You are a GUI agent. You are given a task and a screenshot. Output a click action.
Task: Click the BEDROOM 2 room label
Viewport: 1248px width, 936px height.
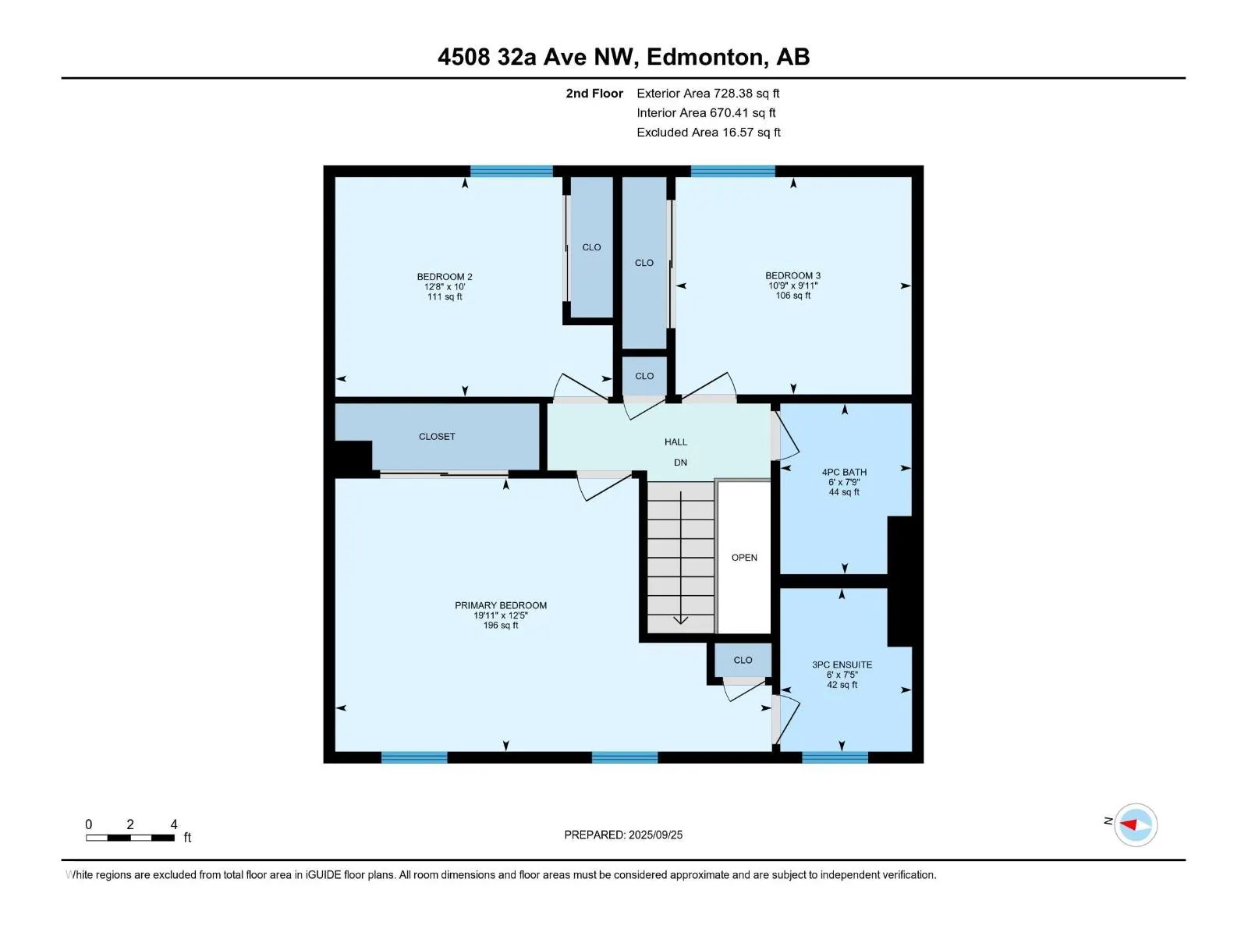click(445, 277)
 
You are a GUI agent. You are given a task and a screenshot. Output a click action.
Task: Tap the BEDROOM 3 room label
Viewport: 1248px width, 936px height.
click(792, 275)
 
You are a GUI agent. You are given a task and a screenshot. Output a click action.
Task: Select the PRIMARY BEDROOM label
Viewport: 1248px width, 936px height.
click(501, 605)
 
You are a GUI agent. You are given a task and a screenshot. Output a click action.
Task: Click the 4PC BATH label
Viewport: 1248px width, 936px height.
click(844, 472)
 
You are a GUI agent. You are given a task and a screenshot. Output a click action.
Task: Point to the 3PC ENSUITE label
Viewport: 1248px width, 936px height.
click(842, 665)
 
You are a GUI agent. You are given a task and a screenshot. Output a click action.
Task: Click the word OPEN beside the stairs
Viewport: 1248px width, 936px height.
click(744, 558)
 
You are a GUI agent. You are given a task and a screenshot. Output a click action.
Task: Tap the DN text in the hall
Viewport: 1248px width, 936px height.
click(680, 463)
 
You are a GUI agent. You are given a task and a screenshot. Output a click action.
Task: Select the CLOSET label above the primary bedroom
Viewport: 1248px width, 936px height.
click(437, 437)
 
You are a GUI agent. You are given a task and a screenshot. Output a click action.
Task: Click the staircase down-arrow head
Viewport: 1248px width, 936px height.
click(680, 620)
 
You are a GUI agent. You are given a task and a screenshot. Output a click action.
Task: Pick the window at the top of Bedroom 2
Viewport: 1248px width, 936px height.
click(511, 171)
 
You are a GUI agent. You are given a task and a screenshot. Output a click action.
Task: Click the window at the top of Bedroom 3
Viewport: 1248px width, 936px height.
click(732, 171)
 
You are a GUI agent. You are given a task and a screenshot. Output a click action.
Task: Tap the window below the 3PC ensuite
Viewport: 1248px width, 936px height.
click(835, 757)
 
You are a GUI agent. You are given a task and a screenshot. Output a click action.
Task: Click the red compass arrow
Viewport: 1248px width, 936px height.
click(1129, 824)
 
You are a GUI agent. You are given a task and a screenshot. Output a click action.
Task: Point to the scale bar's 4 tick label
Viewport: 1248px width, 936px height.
click(173, 824)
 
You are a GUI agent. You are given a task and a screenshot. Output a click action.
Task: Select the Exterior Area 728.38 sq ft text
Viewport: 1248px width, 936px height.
click(707, 94)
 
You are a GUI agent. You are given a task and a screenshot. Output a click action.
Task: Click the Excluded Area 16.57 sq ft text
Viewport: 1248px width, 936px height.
click(707, 133)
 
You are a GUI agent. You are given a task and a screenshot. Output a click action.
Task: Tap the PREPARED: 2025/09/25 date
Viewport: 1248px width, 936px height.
click(623, 835)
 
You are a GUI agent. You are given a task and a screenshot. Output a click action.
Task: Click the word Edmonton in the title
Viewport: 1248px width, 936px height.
click(705, 57)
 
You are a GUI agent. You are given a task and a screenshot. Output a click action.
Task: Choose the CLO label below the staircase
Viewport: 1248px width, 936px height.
click(743, 660)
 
